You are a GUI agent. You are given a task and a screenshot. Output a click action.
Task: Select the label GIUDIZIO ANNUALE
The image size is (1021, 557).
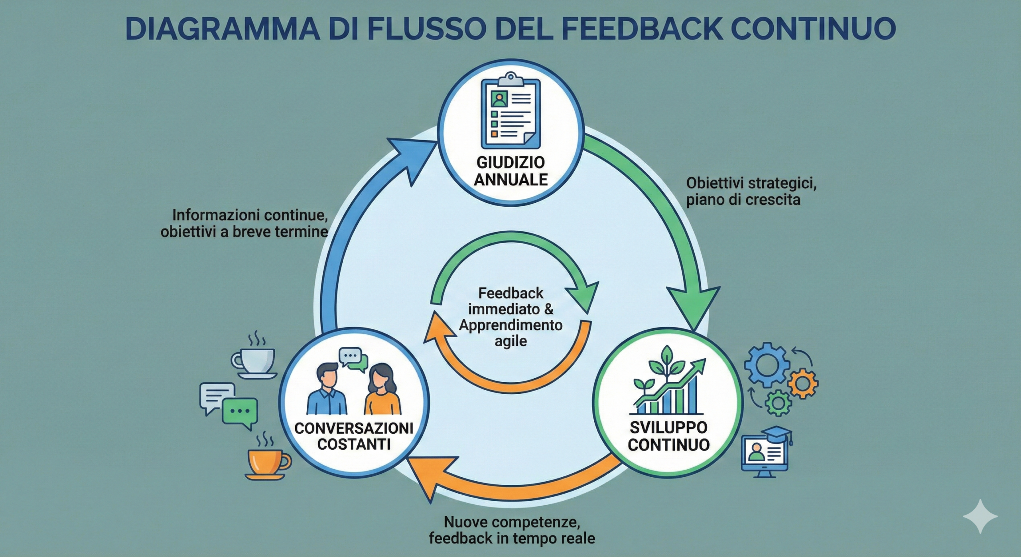(x=510, y=171)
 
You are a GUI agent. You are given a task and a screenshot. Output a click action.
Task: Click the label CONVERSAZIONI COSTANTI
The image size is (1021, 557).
(x=353, y=436)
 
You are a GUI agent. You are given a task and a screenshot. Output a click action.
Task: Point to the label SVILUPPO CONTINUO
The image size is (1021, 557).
(x=668, y=436)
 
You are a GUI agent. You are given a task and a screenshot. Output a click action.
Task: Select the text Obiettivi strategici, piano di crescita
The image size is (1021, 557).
(x=751, y=192)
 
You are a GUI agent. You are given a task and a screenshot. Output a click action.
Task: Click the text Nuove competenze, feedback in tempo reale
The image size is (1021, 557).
(x=512, y=530)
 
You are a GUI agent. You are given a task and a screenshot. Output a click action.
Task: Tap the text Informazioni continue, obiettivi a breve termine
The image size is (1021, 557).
(x=244, y=223)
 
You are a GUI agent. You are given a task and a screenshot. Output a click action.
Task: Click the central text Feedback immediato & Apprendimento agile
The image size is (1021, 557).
(x=510, y=317)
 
